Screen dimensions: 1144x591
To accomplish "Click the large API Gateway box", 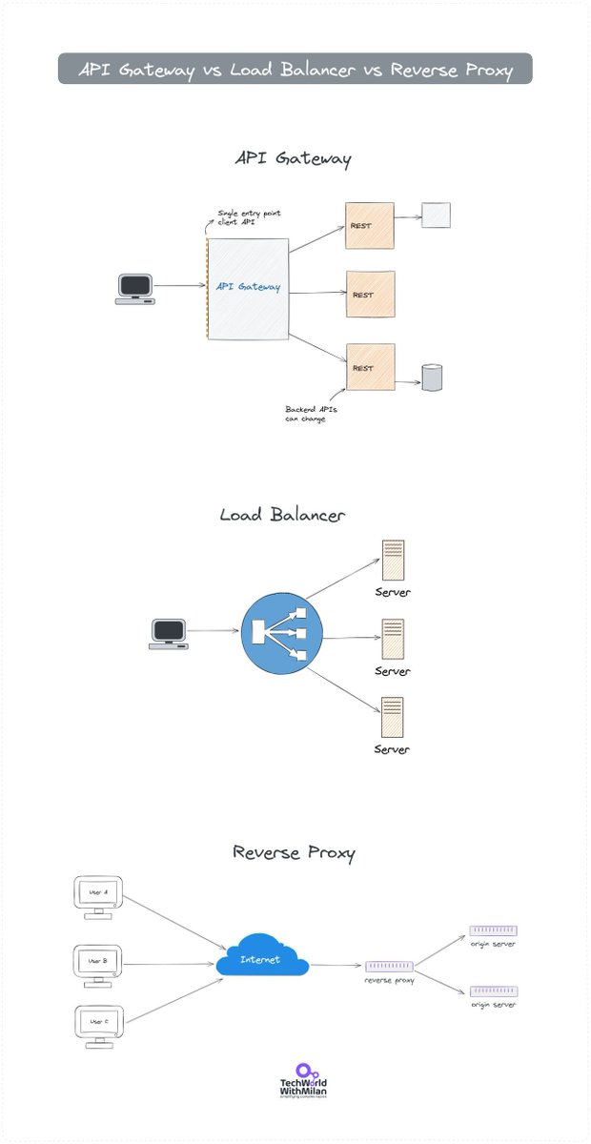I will (x=248, y=288).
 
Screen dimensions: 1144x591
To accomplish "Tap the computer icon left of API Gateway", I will (x=134, y=288).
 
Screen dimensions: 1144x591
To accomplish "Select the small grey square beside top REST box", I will (x=436, y=215).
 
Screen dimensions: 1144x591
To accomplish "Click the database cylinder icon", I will (x=433, y=378).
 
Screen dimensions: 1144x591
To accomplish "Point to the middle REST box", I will (x=371, y=295).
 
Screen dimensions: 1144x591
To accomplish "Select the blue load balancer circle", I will (x=282, y=631).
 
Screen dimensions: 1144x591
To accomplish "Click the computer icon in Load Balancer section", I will (x=170, y=632).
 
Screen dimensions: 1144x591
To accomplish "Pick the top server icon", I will (x=392, y=561).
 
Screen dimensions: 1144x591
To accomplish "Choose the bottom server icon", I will (x=392, y=719).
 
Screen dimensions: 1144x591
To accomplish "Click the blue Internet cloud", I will (x=261, y=958).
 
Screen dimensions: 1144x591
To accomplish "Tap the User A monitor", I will (x=98, y=896).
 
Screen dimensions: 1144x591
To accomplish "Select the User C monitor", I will (x=98, y=1025).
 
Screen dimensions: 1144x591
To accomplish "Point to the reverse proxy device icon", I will (x=389, y=967).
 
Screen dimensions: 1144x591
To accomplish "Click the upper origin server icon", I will (x=493, y=930).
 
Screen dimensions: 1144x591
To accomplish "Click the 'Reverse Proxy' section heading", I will (x=294, y=851).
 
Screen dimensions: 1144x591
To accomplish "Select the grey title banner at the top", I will (x=295, y=69).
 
